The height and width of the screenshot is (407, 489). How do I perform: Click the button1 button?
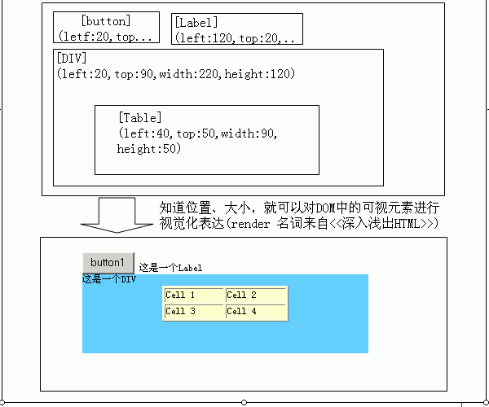tap(108, 262)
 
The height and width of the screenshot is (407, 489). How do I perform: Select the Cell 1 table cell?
tap(193, 295)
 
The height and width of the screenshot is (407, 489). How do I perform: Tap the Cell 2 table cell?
tap(255, 295)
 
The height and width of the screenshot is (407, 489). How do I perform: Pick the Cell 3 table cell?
tap(193, 311)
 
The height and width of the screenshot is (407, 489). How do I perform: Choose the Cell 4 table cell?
tap(255, 311)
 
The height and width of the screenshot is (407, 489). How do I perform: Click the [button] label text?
tap(106, 20)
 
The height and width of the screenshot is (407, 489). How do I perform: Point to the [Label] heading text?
tap(196, 22)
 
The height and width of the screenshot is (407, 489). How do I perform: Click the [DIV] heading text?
tap(73, 58)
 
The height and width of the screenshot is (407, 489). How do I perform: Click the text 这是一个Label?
tap(170, 267)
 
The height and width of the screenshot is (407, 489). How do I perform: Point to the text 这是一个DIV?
tap(108, 280)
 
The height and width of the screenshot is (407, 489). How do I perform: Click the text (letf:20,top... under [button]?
tap(105, 37)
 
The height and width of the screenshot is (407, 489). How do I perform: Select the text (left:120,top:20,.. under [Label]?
tap(235, 37)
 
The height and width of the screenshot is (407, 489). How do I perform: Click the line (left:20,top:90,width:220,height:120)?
tap(176, 73)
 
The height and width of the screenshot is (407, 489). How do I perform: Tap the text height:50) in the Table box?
tap(148, 149)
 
